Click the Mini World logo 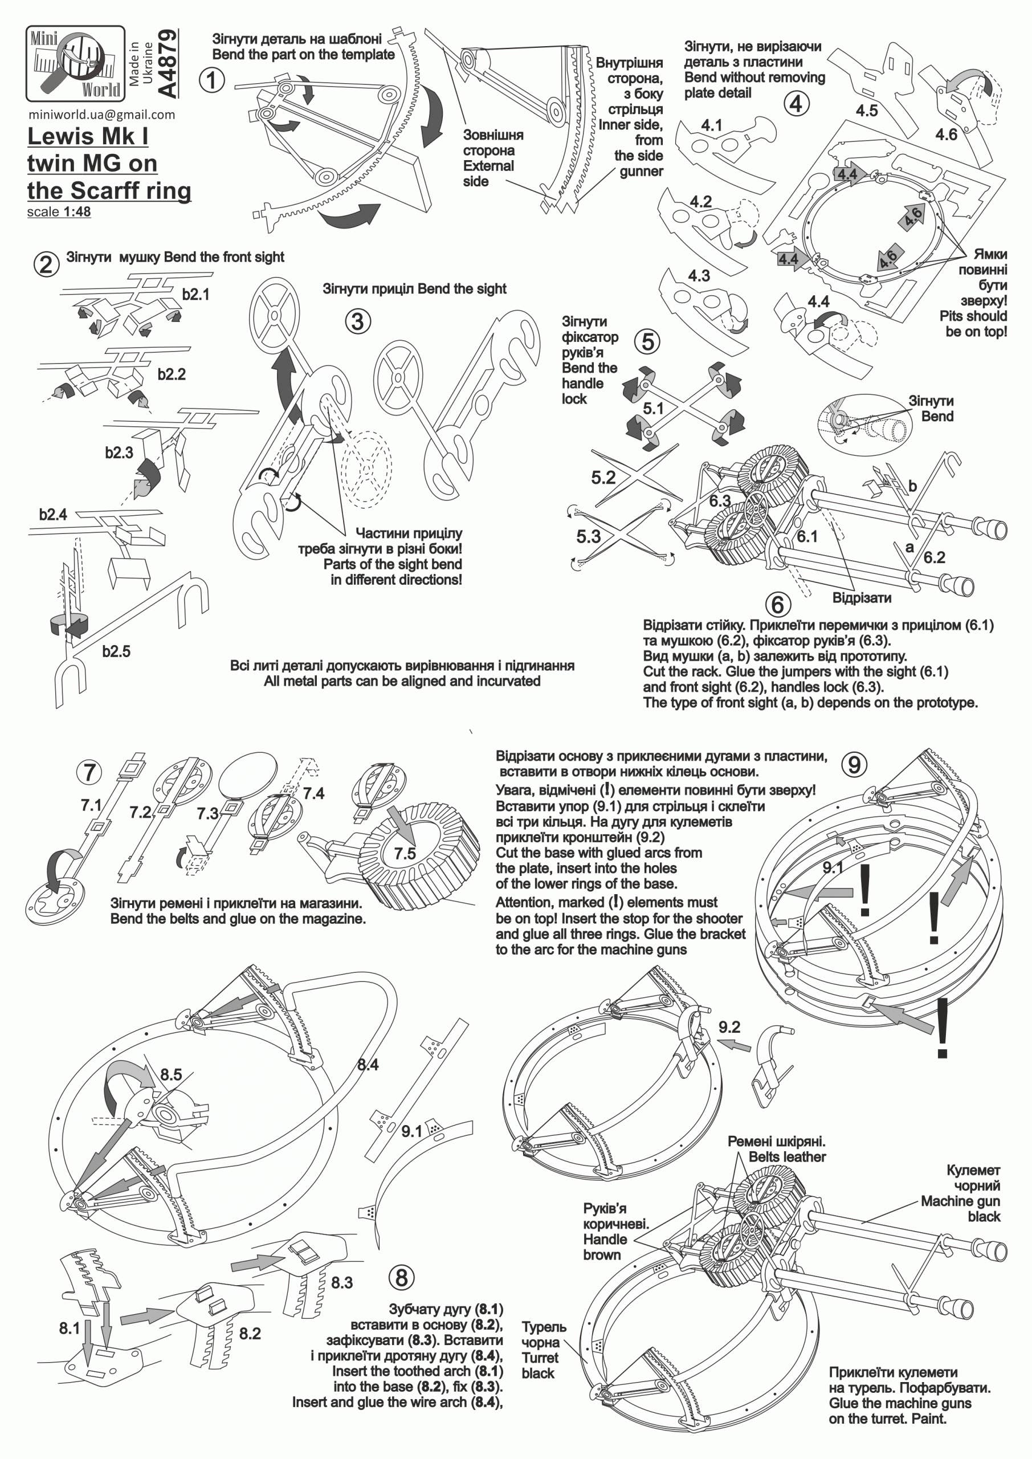75,63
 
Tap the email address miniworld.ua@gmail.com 101,115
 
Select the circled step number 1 211,80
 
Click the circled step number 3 358,321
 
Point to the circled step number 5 647,342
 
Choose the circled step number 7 89,772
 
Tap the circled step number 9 854,764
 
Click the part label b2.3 119,453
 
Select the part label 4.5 866,111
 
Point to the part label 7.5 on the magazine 404,853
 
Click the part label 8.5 171,1074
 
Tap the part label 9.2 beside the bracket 729,1027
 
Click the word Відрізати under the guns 862,598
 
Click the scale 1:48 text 59,211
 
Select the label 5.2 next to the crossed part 603,477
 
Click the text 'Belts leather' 787,1157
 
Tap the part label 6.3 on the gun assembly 719,501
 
